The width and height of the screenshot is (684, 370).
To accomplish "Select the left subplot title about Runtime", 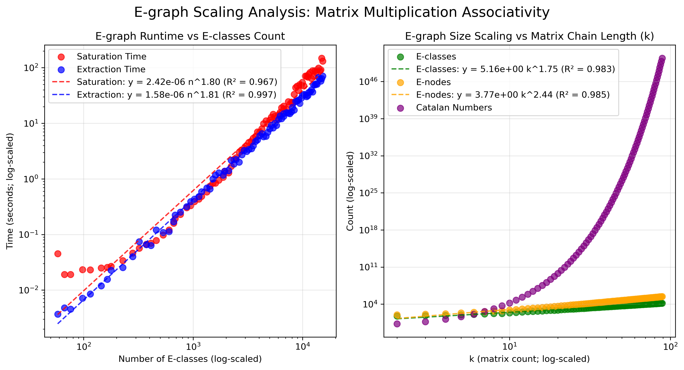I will point(190,36).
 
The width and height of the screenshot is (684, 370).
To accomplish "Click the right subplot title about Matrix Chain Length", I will point(529,36).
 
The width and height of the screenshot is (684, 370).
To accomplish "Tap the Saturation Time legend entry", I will point(111,56).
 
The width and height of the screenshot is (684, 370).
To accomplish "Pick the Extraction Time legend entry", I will point(111,69).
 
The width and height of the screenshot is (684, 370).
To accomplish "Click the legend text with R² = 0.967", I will point(177,82).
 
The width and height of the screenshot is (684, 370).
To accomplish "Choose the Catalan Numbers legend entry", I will point(454,108).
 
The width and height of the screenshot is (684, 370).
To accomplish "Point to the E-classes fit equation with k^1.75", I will point(515,69).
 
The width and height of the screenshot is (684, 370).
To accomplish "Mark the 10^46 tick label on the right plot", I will point(368,81).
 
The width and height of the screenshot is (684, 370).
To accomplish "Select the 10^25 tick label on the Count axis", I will point(368,193).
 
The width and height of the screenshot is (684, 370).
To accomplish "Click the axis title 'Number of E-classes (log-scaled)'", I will point(190,359).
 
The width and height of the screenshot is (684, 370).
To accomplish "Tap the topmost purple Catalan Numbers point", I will point(662,58).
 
